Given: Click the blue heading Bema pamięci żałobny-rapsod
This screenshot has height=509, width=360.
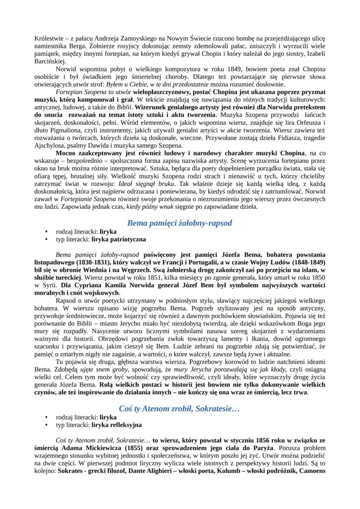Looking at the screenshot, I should coord(180,223).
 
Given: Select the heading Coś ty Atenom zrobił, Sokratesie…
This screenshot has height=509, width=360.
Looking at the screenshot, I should coord(180,409).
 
